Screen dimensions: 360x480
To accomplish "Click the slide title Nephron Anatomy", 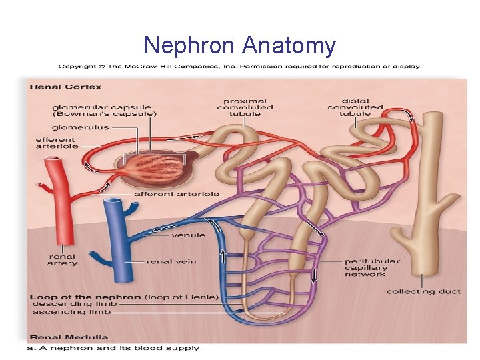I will pyautogui.click(x=240, y=45).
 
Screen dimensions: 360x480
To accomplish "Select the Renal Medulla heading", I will pyautogui.click(x=69, y=337).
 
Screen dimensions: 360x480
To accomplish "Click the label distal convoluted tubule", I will pyautogui.click(x=354, y=107).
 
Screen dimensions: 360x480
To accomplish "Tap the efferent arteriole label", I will pyautogui.click(x=57, y=143).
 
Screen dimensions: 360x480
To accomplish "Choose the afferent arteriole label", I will pyautogui.click(x=177, y=194).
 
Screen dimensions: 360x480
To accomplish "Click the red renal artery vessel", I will pyautogui.click(x=53, y=200).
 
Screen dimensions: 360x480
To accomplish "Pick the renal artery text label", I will pyautogui.click(x=62, y=259).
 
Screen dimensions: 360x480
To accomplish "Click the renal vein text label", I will pyautogui.click(x=171, y=262).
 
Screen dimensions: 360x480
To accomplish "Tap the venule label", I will pyautogui.click(x=188, y=235).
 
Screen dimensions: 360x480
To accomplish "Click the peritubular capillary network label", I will pyautogui.click(x=371, y=267).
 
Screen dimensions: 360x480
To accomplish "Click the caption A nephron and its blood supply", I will pyautogui.click(x=113, y=348).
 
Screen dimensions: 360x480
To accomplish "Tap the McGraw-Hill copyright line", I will pyautogui.click(x=239, y=66).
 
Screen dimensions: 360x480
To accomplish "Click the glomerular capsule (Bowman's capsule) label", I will pyautogui.click(x=104, y=110).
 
